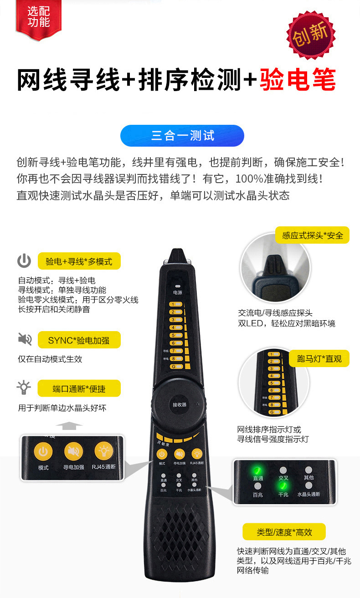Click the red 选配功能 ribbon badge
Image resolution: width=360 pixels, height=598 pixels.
point(38,18)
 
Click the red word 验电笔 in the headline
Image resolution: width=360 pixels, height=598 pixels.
point(298,81)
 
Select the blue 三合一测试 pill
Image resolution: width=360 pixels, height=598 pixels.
point(182,136)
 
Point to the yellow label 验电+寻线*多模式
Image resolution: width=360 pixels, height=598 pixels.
point(79,261)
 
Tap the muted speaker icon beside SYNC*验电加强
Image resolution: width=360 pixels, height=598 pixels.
point(25,339)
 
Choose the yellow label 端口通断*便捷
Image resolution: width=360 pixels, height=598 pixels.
point(79,388)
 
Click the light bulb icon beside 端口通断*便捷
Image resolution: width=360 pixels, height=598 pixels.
point(24,387)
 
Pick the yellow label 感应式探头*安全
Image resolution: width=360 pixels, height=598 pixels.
point(312,235)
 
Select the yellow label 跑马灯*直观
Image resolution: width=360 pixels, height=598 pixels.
point(319,359)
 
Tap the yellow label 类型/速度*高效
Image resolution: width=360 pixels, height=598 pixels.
point(284,532)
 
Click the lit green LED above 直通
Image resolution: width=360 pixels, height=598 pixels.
point(257,470)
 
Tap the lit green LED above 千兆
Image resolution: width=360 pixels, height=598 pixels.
point(283,486)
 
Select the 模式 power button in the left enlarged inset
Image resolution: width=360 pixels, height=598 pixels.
point(43,452)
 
